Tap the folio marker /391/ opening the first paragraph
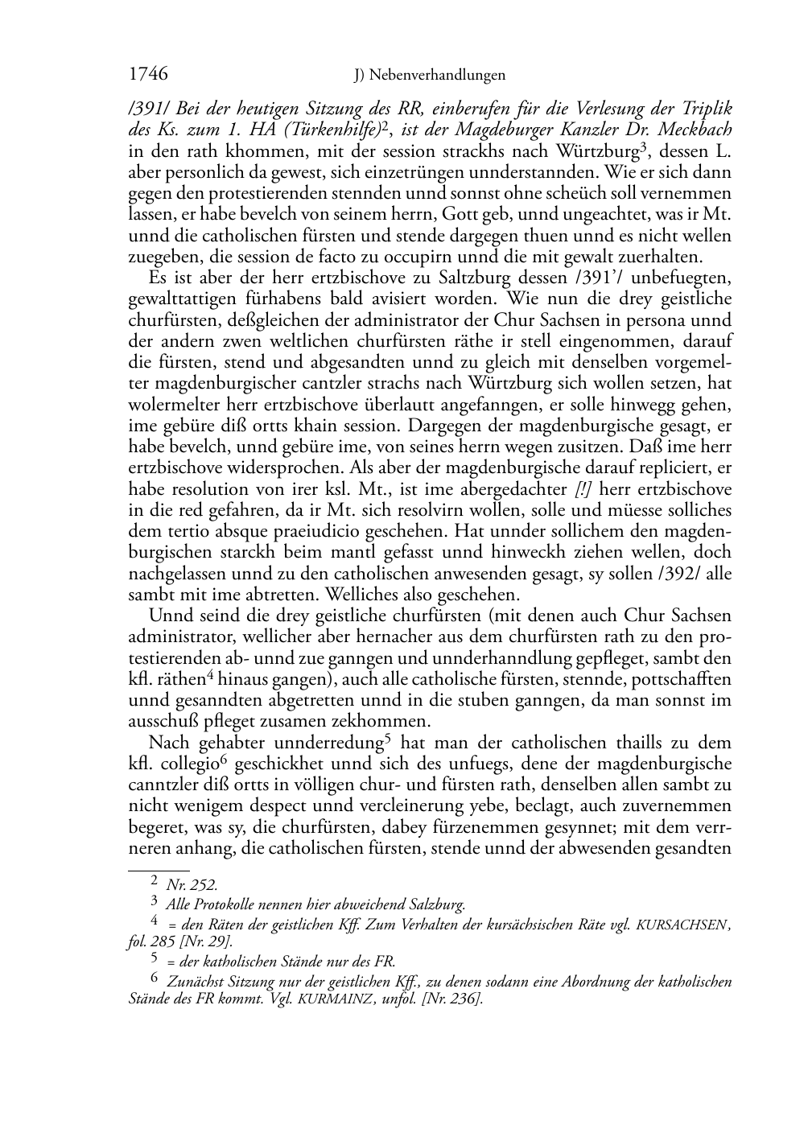pos(149,109)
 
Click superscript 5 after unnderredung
pos(389,738)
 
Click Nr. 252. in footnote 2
pos(192,885)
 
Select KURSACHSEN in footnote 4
pos(679,926)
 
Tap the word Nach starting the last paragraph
pos(167,743)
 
